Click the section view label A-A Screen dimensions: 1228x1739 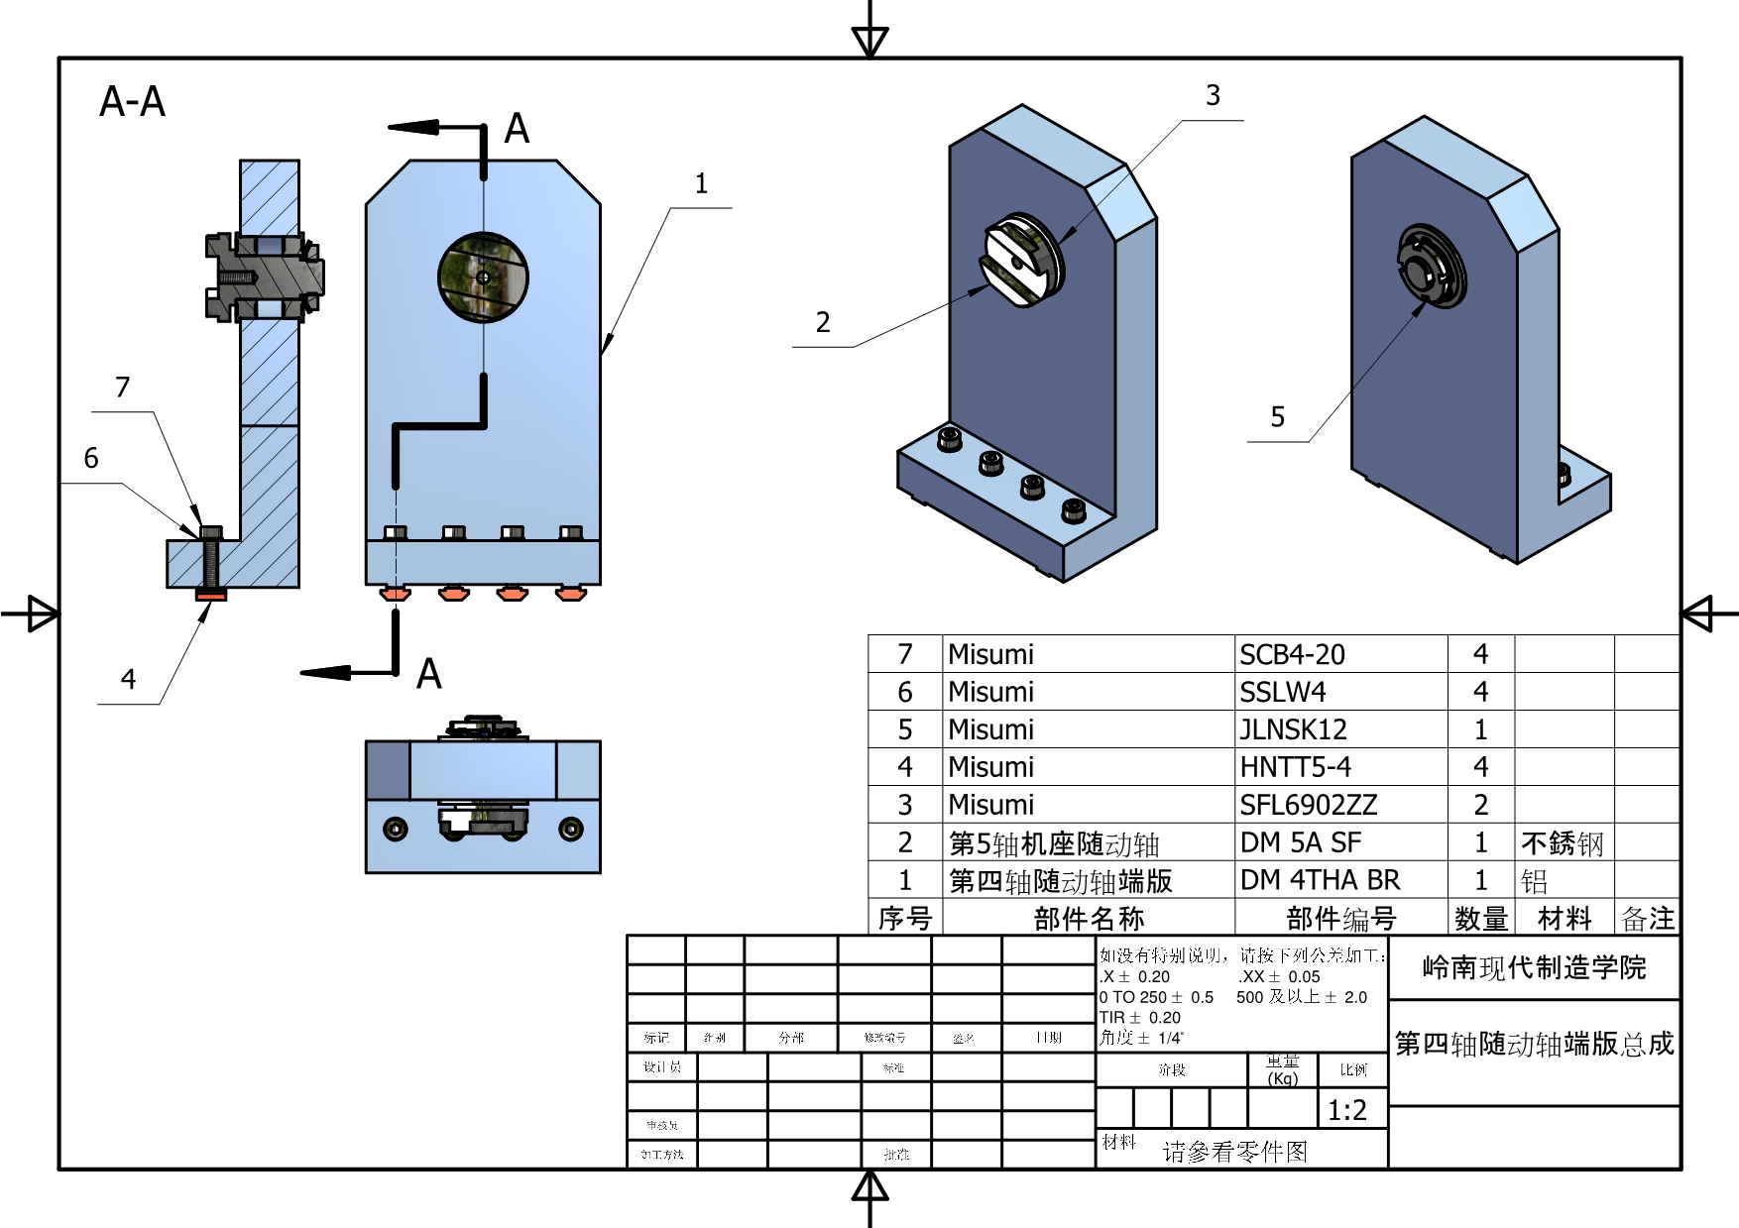point(132,102)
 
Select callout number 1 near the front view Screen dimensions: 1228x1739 point(701,184)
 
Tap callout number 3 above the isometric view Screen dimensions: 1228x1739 point(1213,96)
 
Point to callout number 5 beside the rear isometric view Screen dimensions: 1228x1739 point(1278,417)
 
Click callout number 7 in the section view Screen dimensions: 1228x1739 point(123,388)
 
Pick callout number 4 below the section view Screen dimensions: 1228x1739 point(128,680)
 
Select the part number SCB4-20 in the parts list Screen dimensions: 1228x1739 point(1292,655)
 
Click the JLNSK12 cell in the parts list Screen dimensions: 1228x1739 point(1293,730)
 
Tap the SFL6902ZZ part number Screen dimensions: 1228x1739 point(1308,805)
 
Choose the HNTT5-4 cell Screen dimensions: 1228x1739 point(1295,767)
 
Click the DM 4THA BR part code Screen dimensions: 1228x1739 point(1320,880)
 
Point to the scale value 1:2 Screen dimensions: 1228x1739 point(1346,1111)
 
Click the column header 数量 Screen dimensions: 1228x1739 point(1480,919)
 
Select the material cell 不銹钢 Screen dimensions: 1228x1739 point(1562,843)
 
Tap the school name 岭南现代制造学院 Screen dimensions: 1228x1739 point(1534,968)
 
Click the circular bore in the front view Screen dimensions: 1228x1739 point(483,278)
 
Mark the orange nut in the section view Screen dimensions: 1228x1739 point(212,595)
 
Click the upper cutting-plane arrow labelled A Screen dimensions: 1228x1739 point(414,127)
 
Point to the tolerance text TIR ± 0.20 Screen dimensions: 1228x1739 point(1140,1018)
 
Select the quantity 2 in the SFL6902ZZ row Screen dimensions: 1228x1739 point(1480,805)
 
